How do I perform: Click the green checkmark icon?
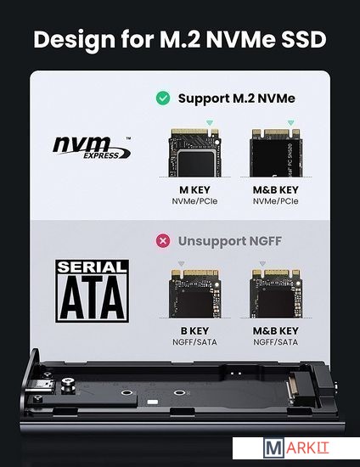163,98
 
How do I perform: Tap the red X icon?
163,240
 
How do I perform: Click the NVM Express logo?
92,148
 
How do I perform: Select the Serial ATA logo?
93,290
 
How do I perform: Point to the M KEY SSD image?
194,153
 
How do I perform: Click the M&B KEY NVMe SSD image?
276,153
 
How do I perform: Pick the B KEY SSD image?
194,294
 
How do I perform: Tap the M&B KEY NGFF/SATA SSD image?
276,294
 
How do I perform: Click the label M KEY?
194,189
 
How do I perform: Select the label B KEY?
194,330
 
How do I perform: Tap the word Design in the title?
74,40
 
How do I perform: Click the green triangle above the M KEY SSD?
210,123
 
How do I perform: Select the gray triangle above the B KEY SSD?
181,263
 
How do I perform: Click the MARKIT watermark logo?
296,448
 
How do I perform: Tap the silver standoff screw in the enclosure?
68,386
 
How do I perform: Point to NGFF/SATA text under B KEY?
194,342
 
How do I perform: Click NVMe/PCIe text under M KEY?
194,201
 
